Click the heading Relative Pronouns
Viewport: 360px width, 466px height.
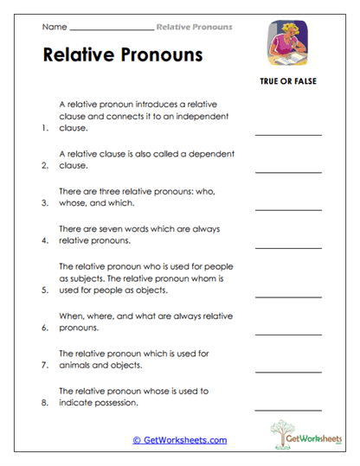point(122,55)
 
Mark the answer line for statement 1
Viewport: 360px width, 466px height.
point(287,134)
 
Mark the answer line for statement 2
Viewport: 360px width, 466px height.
point(287,171)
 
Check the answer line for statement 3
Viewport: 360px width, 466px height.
point(287,208)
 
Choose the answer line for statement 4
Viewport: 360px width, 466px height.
point(287,246)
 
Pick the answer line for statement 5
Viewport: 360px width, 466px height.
point(287,296)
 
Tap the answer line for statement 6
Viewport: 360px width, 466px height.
point(287,334)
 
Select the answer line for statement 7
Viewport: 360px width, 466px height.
point(287,370)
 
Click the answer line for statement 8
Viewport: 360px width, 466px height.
point(287,408)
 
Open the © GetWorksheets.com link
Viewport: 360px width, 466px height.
point(179,440)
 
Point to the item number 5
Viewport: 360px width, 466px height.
point(45,291)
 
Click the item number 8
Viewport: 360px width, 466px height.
point(45,403)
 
